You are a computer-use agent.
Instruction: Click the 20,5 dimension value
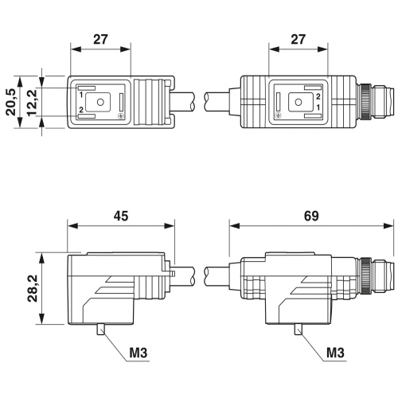pyautogui.click(x=11, y=102)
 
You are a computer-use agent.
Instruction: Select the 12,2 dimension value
pyautogui.click(x=32, y=102)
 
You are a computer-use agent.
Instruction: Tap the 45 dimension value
pyautogui.click(x=121, y=216)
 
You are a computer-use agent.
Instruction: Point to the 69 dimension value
pyautogui.click(x=311, y=216)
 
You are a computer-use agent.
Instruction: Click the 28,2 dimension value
pyautogui.click(x=33, y=288)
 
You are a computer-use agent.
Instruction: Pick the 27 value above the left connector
pyautogui.click(x=100, y=40)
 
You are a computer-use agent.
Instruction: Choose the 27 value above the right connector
pyautogui.click(x=298, y=40)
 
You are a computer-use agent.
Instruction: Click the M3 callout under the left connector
pyautogui.click(x=138, y=353)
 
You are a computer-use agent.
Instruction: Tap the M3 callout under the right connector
pyautogui.click(x=335, y=353)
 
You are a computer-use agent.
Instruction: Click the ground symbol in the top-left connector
pyautogui.click(x=120, y=116)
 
